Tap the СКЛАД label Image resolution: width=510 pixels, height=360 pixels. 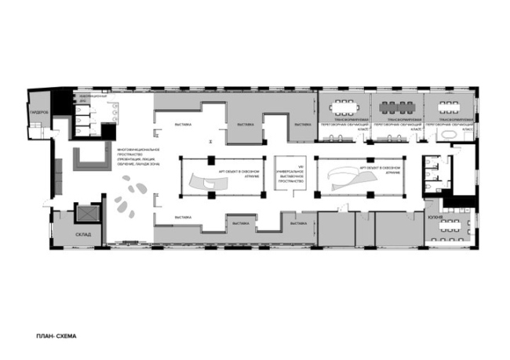click(84, 234)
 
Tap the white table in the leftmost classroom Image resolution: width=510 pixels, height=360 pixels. click(343, 106)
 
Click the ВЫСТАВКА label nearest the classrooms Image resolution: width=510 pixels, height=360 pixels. click(301, 124)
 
